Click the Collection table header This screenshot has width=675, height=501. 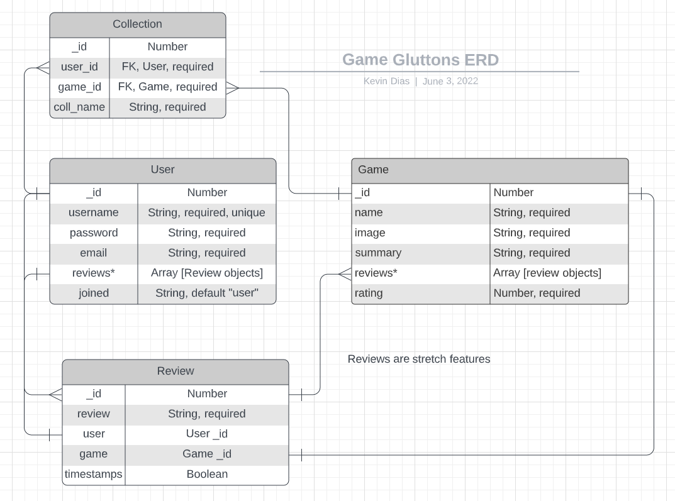point(137,25)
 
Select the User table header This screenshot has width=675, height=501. point(162,170)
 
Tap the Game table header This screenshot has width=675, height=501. point(489,170)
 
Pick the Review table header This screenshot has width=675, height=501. point(175,371)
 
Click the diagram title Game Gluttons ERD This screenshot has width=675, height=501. point(420,60)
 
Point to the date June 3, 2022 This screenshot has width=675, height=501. point(450,81)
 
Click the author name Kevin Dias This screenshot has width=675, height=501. point(386,81)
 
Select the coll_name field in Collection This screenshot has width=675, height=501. point(79,107)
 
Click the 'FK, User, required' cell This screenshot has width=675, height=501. point(167,67)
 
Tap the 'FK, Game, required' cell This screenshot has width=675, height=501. point(167,87)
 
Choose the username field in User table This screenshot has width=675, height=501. point(93,212)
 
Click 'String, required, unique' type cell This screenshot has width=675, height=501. point(206,212)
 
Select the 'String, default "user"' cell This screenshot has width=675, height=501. point(206,293)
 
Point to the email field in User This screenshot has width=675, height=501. point(93,253)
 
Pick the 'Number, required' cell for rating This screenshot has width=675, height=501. point(537,293)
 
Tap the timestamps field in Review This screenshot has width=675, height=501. point(93,474)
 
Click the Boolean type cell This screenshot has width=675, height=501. point(206,474)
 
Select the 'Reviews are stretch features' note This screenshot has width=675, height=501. point(418,359)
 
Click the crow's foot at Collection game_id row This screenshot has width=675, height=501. point(233,87)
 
